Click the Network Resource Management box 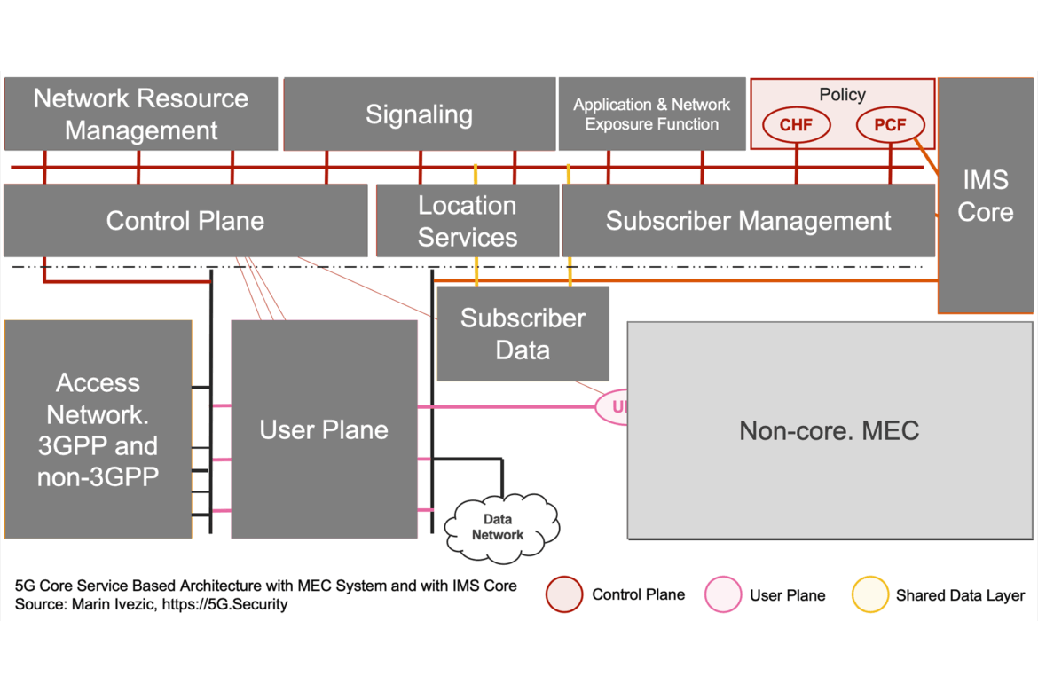[x=141, y=114]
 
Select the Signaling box [x=419, y=114]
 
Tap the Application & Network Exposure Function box [x=652, y=114]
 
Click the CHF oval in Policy [x=796, y=125]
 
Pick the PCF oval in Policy [x=890, y=125]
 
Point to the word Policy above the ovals [x=842, y=94]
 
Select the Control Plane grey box [x=185, y=220]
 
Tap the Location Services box [x=468, y=221]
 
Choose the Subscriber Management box [x=748, y=220]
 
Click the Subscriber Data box [x=523, y=334]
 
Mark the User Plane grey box [x=324, y=429]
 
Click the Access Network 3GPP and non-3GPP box [x=98, y=429]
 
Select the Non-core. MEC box [x=830, y=430]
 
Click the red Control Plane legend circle [x=564, y=594]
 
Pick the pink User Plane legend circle [x=723, y=594]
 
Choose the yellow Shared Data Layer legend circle [x=869, y=594]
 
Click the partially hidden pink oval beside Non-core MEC [x=611, y=407]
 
